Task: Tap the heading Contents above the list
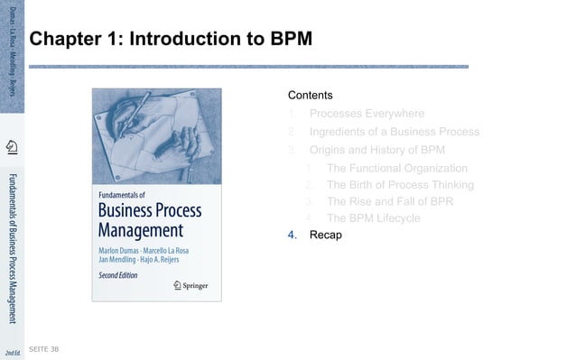coord(310,95)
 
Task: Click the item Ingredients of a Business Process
coord(394,132)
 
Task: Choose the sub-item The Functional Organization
coord(396,168)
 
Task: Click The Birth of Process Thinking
coord(400,185)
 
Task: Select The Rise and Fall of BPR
coord(389,201)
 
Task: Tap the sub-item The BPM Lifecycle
coord(373,218)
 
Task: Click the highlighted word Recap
coord(325,235)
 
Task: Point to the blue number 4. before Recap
coord(292,235)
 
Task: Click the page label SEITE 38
coord(43,348)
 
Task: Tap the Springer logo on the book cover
coord(190,285)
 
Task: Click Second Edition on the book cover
coord(117,275)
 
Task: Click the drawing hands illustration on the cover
coord(155,135)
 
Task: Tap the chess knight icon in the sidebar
coord(12,147)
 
